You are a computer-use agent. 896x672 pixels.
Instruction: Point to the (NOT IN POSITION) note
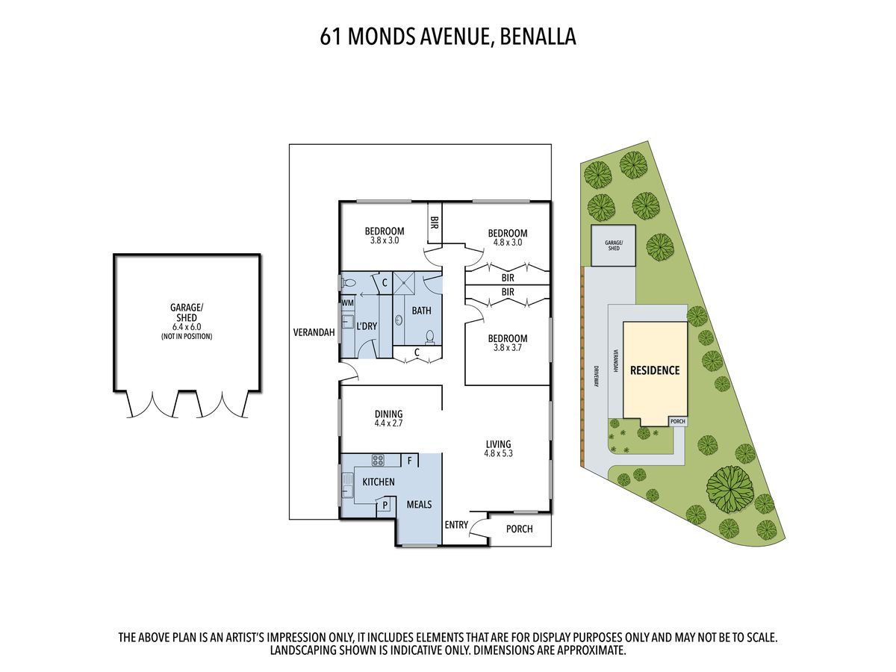pyautogui.click(x=187, y=336)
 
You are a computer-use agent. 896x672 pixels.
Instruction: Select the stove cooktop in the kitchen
pyautogui.click(x=379, y=461)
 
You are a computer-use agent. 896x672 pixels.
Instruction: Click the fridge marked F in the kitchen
pyautogui.click(x=410, y=461)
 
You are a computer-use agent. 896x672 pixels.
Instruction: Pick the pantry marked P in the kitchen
pyautogui.click(x=385, y=505)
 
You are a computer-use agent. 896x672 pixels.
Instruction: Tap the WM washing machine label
pyautogui.click(x=347, y=303)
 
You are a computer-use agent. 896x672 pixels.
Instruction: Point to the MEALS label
pyautogui.click(x=418, y=505)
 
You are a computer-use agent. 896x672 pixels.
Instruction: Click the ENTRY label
pyautogui.click(x=456, y=525)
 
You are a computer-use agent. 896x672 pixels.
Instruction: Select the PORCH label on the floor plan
pyautogui.click(x=519, y=529)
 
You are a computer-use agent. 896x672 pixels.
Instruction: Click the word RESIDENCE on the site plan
pyautogui.click(x=655, y=370)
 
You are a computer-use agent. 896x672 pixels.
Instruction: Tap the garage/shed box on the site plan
pyautogui.click(x=612, y=246)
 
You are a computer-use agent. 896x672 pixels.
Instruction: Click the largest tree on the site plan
pyautogui.click(x=728, y=488)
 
